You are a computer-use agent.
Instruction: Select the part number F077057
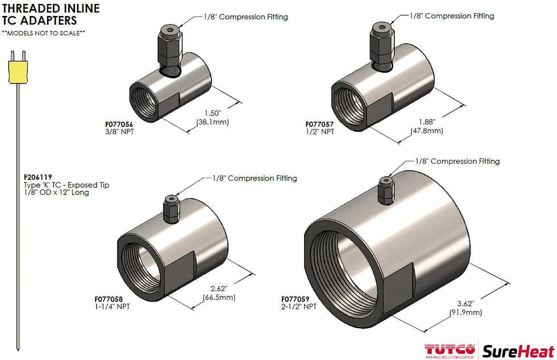(x=321, y=124)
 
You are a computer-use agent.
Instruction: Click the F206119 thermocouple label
(x=36, y=177)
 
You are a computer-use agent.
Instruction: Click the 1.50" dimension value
(x=212, y=113)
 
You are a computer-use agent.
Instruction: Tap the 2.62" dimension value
(x=219, y=288)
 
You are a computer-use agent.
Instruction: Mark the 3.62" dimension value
(x=465, y=303)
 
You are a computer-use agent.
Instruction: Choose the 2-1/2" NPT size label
(x=299, y=307)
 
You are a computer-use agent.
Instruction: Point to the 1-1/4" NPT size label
(x=112, y=307)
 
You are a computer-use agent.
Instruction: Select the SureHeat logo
(x=518, y=351)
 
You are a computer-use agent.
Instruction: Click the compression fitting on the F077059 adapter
(x=386, y=190)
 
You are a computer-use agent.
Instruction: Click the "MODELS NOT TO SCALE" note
(x=43, y=33)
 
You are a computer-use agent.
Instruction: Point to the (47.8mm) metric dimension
(x=426, y=131)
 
